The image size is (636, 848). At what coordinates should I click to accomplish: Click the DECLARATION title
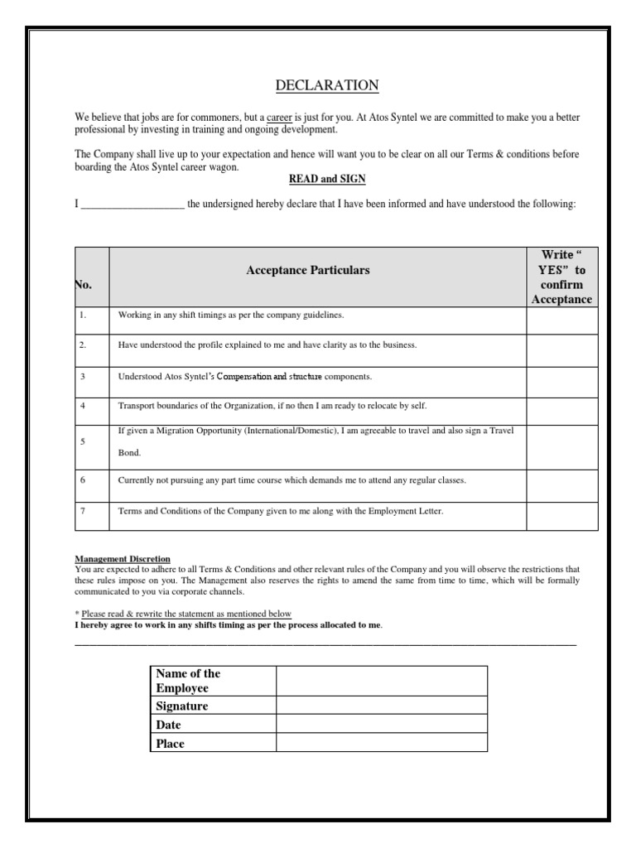click(326, 85)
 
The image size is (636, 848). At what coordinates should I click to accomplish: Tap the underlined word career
click(281, 118)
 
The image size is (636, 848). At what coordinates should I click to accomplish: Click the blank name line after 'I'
click(132, 205)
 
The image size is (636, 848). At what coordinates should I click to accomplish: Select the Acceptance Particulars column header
click(307, 271)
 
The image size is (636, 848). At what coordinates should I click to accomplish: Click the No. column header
click(84, 284)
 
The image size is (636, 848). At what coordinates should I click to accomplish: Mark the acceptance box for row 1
click(561, 316)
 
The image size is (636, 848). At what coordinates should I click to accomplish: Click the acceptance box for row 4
click(561, 406)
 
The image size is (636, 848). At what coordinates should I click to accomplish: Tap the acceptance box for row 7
click(561, 512)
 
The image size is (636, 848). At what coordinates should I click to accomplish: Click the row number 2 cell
click(84, 344)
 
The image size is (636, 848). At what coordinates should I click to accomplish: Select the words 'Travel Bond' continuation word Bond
click(130, 453)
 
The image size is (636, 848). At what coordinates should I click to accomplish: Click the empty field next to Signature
click(382, 706)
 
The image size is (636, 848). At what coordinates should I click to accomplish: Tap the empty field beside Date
click(382, 725)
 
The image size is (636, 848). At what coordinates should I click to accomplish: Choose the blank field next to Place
click(382, 743)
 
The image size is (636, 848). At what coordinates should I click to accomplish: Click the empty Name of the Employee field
click(382, 681)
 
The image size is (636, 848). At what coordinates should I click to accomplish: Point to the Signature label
click(181, 706)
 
